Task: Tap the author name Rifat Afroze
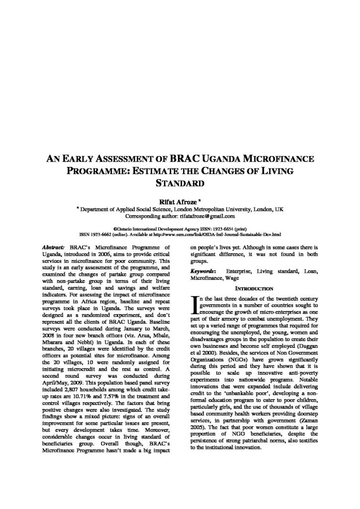[179, 202]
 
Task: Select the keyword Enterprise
[241, 271]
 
